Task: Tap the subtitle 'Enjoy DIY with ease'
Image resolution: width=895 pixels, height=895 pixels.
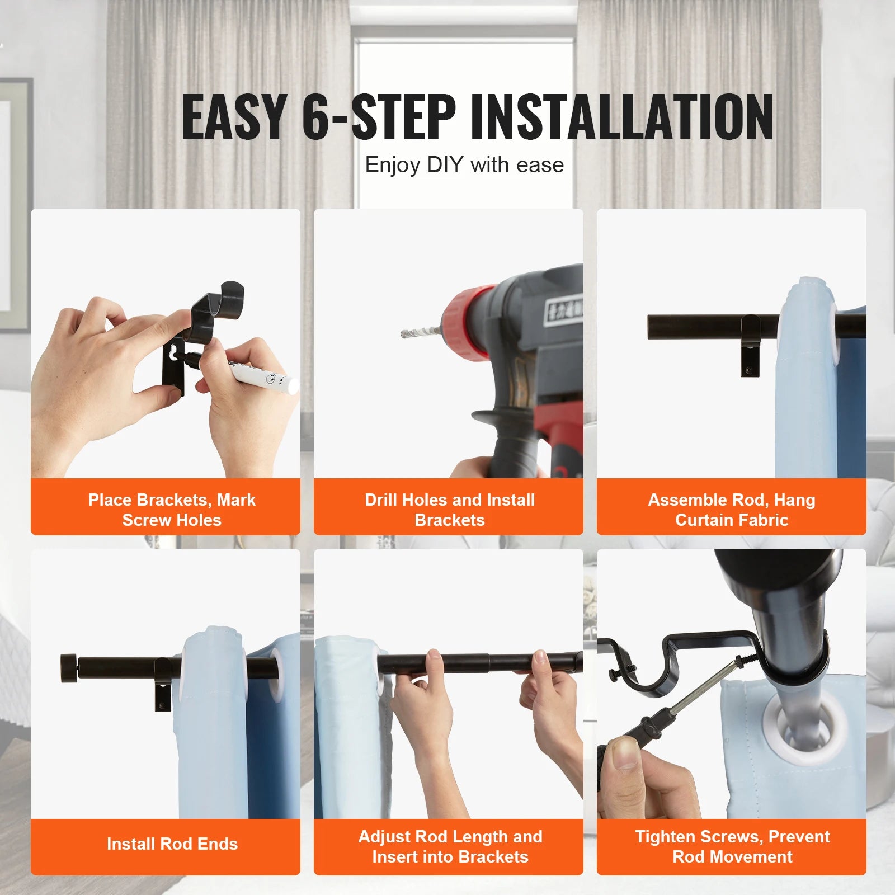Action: coord(464,165)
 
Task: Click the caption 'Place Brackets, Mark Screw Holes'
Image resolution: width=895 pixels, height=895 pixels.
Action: coord(172,510)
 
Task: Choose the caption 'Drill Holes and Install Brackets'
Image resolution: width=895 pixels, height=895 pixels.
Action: coord(450,510)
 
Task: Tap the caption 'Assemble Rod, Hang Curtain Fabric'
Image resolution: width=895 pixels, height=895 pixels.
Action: coord(732,510)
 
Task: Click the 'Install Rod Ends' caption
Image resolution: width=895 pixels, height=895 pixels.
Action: coord(172,844)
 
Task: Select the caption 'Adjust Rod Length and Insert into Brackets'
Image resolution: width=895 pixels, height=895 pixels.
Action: coord(450,846)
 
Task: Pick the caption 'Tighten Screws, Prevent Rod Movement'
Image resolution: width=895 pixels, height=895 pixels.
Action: coord(732,846)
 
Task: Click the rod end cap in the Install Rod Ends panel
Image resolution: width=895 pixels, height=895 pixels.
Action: coord(69,668)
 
